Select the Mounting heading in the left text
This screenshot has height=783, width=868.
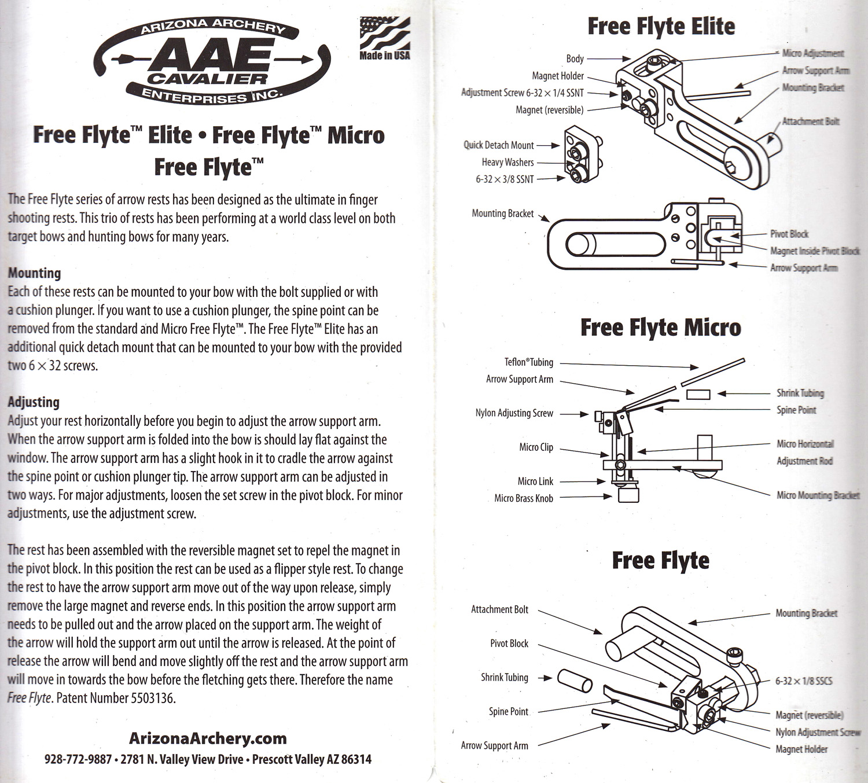pyautogui.click(x=34, y=273)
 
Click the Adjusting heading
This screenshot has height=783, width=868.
pyautogui.click(x=34, y=402)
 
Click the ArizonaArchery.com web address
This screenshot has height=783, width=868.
pyautogui.click(x=208, y=738)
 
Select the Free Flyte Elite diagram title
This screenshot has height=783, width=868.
pyautogui.click(x=661, y=27)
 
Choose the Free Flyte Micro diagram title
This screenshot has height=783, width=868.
pyautogui.click(x=660, y=328)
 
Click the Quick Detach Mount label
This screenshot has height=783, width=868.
pyautogui.click(x=498, y=145)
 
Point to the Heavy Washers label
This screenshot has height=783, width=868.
pyautogui.click(x=507, y=163)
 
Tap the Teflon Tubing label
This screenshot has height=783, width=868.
pyautogui.click(x=528, y=362)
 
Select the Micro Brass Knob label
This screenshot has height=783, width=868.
pyautogui.click(x=524, y=498)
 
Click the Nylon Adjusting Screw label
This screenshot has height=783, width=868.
pyautogui.click(x=514, y=413)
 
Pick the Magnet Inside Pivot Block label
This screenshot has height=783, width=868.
pyautogui.click(x=814, y=251)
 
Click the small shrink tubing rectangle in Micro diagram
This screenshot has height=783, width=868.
pyautogui.click(x=698, y=394)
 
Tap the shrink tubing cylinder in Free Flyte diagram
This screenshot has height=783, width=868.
pyautogui.click(x=575, y=681)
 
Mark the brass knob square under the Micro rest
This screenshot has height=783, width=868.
pyautogui.click(x=628, y=495)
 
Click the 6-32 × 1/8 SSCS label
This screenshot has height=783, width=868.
pyautogui.click(x=803, y=681)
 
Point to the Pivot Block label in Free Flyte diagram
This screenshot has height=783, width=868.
pyautogui.click(x=509, y=644)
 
